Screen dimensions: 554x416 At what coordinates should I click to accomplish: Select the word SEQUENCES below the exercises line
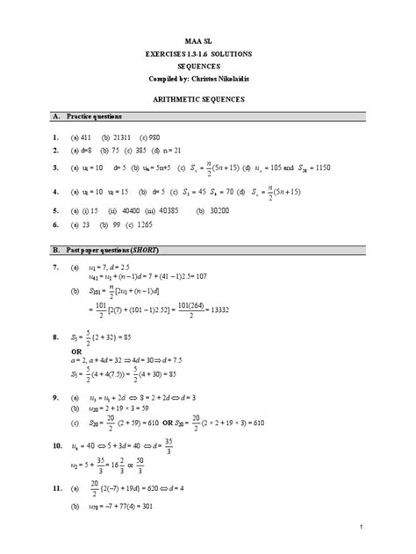pyautogui.click(x=208, y=67)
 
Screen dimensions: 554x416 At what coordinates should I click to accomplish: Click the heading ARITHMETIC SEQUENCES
pyautogui.click(x=208, y=100)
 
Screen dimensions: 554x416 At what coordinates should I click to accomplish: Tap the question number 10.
pyautogui.click(x=54, y=446)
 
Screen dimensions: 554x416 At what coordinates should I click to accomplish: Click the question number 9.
pyautogui.click(x=54, y=397)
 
